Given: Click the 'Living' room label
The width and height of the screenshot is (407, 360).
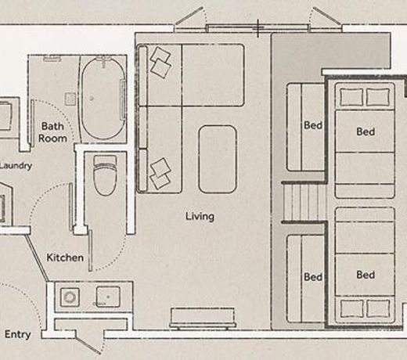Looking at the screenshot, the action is (x=200, y=217).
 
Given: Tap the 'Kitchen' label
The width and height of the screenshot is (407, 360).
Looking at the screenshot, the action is (x=65, y=257).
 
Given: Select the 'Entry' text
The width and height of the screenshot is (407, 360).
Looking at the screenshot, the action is (x=18, y=334).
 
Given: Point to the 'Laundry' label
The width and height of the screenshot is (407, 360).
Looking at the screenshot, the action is (x=16, y=166).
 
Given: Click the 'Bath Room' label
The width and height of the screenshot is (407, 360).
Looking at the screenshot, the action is (x=52, y=132).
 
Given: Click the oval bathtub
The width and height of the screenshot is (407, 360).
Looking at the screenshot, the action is (x=103, y=99).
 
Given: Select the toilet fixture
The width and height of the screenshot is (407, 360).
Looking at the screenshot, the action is (x=105, y=175).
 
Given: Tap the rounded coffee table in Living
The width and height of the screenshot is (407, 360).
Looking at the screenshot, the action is (x=218, y=160).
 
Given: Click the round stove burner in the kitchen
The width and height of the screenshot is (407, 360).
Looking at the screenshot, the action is (x=70, y=297).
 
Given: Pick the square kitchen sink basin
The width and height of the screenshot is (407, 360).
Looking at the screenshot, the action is (x=108, y=297).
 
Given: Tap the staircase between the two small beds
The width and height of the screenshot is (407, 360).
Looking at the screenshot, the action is (x=304, y=202).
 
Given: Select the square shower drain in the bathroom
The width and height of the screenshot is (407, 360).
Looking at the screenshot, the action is (x=70, y=99).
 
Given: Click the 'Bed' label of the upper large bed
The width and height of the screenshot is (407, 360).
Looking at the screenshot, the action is (x=366, y=131).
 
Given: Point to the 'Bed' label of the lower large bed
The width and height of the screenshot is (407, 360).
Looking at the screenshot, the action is (x=366, y=275).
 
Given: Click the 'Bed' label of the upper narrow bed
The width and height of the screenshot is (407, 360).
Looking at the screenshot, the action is (x=313, y=125).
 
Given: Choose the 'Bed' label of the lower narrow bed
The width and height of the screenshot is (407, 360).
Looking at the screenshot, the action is (x=313, y=277).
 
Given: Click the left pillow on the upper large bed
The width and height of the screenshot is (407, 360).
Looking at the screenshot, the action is (x=351, y=97).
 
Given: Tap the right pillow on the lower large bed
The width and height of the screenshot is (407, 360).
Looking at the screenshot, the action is (x=378, y=308).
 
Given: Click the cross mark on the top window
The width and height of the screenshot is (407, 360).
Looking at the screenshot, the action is (x=258, y=28).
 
